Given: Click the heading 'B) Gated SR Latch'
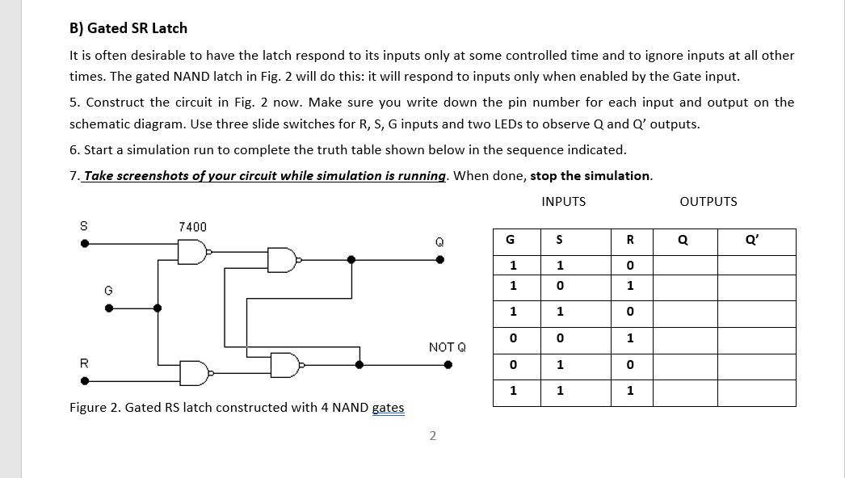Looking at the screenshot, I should [x=128, y=28].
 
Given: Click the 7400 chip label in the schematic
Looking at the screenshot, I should [x=192, y=227].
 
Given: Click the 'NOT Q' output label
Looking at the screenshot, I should [x=447, y=347].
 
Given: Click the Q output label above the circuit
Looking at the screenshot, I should [x=439, y=241].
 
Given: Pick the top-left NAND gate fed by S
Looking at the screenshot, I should [x=193, y=252].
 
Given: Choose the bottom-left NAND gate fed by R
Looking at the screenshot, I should [x=193, y=371].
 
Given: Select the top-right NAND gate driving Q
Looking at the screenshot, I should [x=284, y=260].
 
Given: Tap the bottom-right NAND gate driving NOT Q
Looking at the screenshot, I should [x=284, y=364].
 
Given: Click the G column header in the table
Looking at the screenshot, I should [x=509, y=241].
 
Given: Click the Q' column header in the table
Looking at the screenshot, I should [x=756, y=241].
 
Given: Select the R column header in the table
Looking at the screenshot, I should [x=630, y=241].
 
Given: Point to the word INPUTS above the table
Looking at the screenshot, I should [x=564, y=201].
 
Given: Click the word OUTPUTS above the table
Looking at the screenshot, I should [x=708, y=201].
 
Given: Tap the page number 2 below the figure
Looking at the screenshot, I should [x=432, y=436].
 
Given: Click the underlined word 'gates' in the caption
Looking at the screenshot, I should [x=389, y=408].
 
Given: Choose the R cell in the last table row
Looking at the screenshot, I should [x=630, y=392].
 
